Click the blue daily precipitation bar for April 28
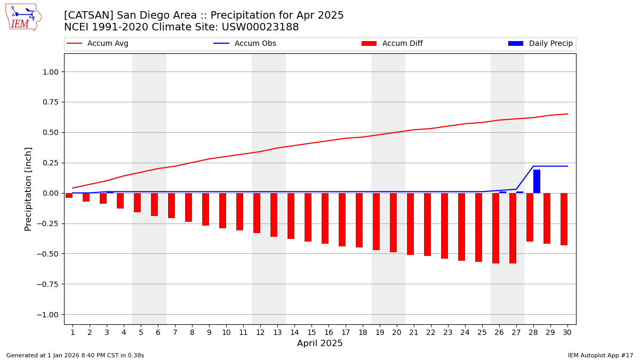[537, 181]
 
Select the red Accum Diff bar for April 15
[308, 217]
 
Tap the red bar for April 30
[564, 219]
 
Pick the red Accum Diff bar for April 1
[69, 195]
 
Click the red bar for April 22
[427, 225]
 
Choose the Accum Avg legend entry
[98, 44]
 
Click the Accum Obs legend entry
[245, 44]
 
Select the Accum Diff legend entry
[392, 44]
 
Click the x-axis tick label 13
[277, 332]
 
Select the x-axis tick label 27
[516, 332]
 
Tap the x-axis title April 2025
[320, 343]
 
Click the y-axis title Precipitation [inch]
[29, 189]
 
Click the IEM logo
[23, 17]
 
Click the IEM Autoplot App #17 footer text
[601, 355]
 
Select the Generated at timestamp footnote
[75, 355]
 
